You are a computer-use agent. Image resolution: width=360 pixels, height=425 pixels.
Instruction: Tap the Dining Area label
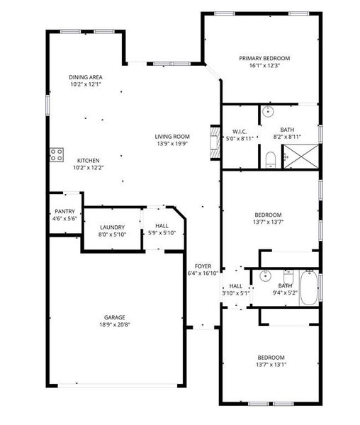84,77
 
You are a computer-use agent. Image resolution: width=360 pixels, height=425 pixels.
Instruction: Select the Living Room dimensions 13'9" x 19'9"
172,143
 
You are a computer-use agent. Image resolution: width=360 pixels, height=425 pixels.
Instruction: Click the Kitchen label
88,160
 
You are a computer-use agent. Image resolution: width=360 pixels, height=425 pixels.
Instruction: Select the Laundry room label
111,227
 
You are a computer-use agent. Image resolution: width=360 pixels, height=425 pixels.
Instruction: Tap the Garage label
114,317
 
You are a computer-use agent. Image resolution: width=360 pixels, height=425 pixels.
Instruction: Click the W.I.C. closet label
239,132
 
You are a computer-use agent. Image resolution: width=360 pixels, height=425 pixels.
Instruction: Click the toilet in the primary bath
270,160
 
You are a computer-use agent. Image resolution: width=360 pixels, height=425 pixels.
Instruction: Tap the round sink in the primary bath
269,113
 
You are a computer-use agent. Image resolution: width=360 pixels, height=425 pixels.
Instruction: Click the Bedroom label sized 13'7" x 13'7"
269,215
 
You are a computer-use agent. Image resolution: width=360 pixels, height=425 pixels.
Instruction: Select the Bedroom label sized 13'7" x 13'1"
271,357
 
